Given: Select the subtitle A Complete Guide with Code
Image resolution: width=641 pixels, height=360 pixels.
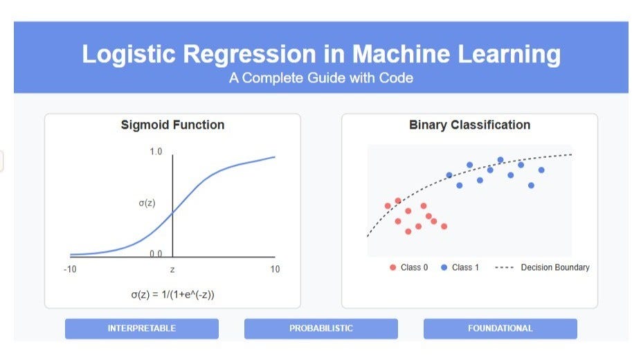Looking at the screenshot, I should pyautogui.click(x=320, y=78).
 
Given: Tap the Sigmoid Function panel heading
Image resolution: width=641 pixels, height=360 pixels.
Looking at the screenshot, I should pyautogui.click(x=172, y=125).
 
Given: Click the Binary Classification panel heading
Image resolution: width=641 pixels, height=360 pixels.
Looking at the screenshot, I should pyautogui.click(x=469, y=125).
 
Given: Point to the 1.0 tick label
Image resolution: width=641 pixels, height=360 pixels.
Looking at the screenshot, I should pyautogui.click(x=156, y=152).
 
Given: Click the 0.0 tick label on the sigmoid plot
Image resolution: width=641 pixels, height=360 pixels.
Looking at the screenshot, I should pyautogui.click(x=156, y=253).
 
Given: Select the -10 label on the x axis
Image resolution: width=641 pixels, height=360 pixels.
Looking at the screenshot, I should pyautogui.click(x=70, y=269).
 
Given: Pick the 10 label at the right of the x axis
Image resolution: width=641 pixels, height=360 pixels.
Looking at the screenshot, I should pyautogui.click(x=275, y=269).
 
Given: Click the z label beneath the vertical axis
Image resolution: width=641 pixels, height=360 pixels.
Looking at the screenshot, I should pyautogui.click(x=172, y=269).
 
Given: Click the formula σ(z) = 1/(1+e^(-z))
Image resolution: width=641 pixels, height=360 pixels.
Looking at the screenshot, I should pyautogui.click(x=172, y=295).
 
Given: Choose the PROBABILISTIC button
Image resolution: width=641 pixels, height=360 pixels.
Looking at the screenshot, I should pyautogui.click(x=320, y=328).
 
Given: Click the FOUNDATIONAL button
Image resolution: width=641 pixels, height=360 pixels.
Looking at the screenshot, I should pyautogui.click(x=500, y=328).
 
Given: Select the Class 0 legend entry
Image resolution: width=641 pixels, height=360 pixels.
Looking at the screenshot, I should pyautogui.click(x=409, y=267).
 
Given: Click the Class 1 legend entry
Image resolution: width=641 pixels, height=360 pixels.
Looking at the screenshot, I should pyautogui.click(x=460, y=267).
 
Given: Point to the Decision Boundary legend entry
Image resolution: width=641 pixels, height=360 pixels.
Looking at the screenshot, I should pyautogui.click(x=542, y=267).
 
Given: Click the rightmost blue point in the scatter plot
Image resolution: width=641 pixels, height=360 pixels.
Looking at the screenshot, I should pyautogui.click(x=541, y=170).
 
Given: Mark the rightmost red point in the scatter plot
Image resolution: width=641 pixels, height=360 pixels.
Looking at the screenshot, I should pyautogui.click(x=444, y=226).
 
